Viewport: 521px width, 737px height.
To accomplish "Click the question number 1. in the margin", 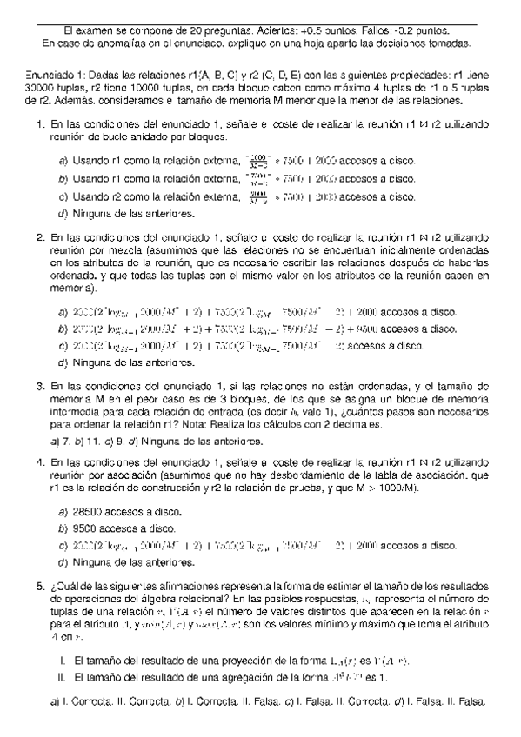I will click(x=40, y=124).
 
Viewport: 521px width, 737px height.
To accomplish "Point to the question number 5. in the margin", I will click(x=40, y=587).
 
